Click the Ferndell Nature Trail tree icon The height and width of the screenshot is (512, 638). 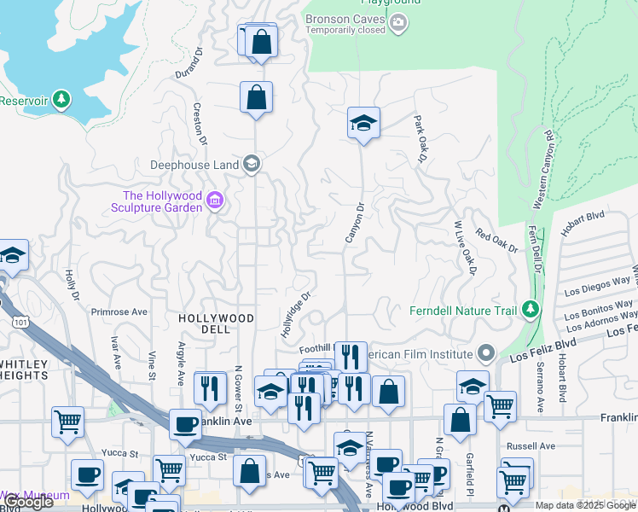coord(531,309)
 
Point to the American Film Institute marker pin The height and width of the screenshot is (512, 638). coord(486,352)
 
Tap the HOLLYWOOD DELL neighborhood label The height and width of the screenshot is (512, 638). coord(216,317)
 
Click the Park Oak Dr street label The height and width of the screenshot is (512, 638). coord(420,139)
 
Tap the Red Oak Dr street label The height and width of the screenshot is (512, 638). coord(496,241)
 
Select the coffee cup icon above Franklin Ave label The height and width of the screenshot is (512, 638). coord(185,424)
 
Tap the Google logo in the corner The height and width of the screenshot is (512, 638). coord(27,502)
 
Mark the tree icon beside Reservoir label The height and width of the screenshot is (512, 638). coord(61,100)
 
